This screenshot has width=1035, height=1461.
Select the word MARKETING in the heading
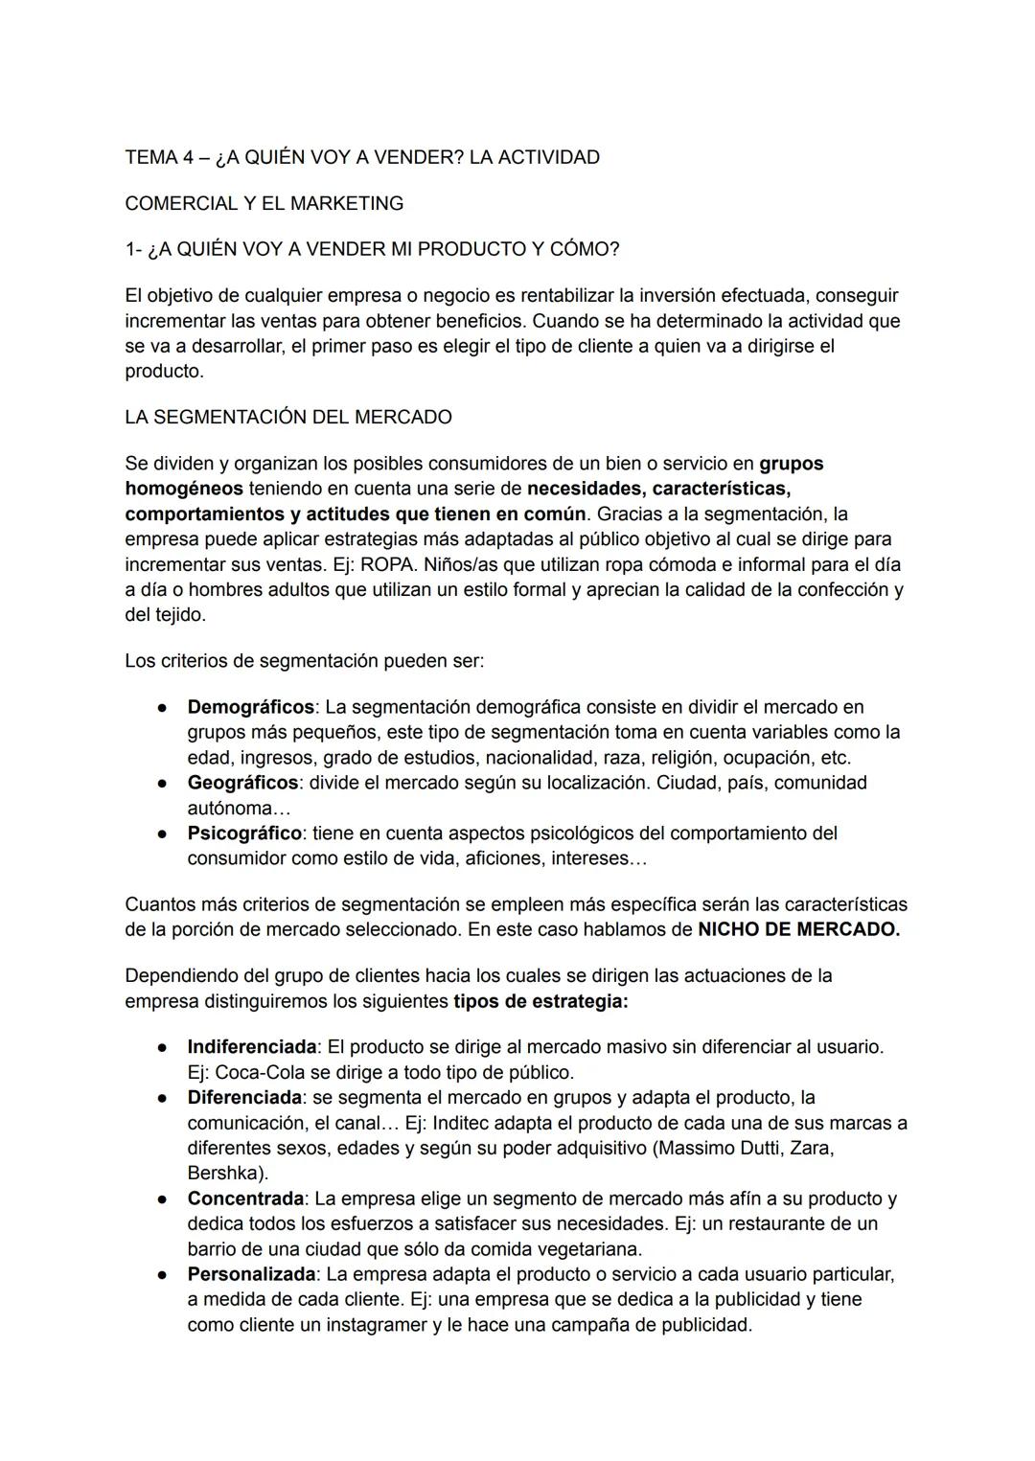tap(353, 203)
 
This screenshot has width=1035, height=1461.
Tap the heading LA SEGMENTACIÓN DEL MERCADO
tap(287, 418)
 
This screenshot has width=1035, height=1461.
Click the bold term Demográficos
tap(250, 707)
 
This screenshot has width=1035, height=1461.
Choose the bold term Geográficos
tap(242, 783)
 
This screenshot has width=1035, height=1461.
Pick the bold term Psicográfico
tap(243, 833)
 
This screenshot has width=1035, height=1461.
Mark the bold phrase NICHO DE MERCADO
tap(798, 929)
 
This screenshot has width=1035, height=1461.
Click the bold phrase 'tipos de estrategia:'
tap(540, 1001)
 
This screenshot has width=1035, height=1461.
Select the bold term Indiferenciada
tap(251, 1047)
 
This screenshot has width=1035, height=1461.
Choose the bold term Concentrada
tap(245, 1198)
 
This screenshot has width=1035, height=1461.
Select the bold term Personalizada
tap(251, 1275)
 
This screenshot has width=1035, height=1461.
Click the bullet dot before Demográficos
tap(164, 708)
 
